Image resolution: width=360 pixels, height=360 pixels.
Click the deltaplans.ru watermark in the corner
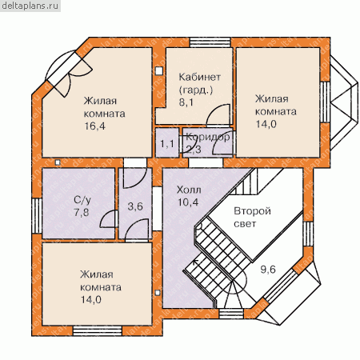click(x=30, y=6)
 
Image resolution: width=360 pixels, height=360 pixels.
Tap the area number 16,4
click(x=95, y=126)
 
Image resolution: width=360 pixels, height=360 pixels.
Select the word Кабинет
click(x=199, y=77)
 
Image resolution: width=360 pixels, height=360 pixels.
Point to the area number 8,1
click(x=186, y=102)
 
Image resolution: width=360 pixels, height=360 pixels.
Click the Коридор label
click(x=208, y=137)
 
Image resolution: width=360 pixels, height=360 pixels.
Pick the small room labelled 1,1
click(x=167, y=144)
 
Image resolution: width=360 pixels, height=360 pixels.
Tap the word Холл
click(x=189, y=190)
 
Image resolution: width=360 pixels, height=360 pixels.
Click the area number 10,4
click(x=188, y=202)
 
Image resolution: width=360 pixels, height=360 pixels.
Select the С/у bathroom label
click(x=82, y=200)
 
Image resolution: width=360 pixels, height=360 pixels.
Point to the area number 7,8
click(x=82, y=212)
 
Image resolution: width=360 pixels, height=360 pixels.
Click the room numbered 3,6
click(x=135, y=206)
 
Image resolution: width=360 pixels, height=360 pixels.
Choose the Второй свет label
click(x=252, y=217)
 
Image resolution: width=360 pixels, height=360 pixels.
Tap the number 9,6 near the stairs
click(x=268, y=270)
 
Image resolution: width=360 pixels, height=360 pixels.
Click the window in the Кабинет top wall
click(x=210, y=42)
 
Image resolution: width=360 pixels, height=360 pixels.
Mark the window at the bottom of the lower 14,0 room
click(x=98, y=330)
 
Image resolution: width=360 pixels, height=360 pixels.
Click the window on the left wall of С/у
click(x=37, y=216)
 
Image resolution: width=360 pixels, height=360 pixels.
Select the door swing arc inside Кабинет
click(x=218, y=114)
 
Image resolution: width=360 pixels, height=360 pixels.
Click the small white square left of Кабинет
click(x=159, y=70)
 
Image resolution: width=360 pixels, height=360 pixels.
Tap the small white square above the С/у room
click(x=58, y=162)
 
